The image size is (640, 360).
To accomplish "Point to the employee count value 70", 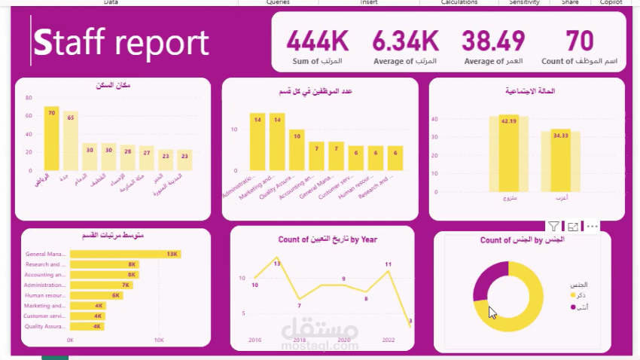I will (580, 40).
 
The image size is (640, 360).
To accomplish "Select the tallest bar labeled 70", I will (51, 139).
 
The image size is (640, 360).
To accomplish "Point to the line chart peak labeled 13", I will (276, 258).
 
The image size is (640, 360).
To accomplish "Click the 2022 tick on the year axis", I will (389, 340).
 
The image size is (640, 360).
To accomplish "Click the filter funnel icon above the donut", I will (553, 226).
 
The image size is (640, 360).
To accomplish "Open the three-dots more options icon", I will (592, 226).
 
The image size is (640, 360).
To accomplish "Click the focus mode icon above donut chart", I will (573, 226).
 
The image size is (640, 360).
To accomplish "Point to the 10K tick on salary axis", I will (159, 340).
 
